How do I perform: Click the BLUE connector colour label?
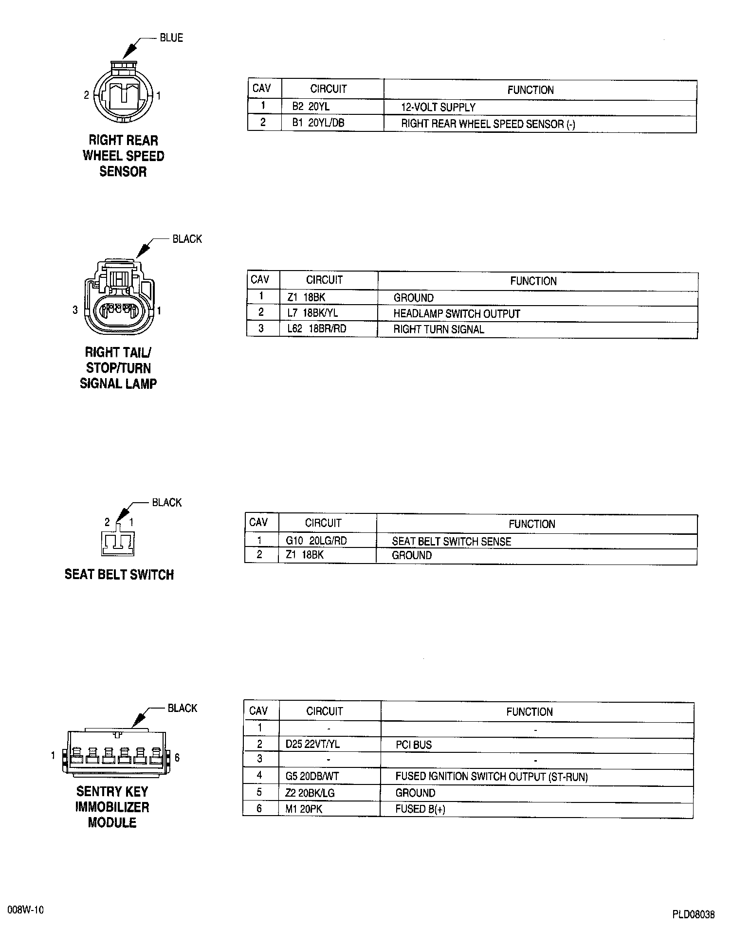click(171, 38)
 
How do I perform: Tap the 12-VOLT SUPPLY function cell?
click(438, 108)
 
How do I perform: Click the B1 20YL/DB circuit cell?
click(318, 123)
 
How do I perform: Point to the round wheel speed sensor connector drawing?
click(123, 93)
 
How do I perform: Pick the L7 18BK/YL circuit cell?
click(312, 313)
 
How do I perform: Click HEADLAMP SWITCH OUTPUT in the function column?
click(457, 314)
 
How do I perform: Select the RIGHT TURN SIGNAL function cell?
click(439, 329)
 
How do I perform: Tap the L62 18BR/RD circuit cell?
click(316, 329)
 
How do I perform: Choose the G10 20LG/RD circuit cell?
click(316, 541)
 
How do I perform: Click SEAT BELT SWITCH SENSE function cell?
click(451, 541)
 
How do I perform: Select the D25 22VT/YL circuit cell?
click(312, 745)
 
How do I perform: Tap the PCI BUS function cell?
click(414, 745)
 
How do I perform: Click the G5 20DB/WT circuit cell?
click(312, 777)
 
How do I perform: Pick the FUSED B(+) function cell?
click(420, 809)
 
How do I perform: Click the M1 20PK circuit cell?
click(304, 809)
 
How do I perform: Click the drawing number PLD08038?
click(693, 914)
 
